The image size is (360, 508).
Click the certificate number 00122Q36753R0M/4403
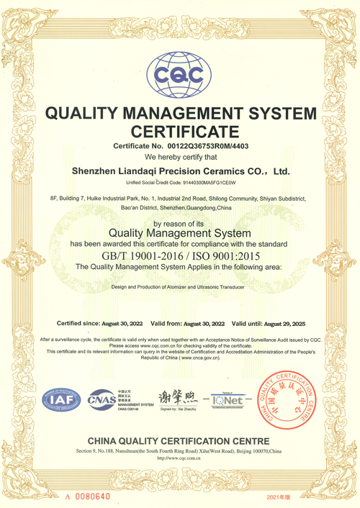point(204,146)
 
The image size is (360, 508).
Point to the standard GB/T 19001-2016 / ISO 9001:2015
point(179,255)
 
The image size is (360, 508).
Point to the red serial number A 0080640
point(87,496)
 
